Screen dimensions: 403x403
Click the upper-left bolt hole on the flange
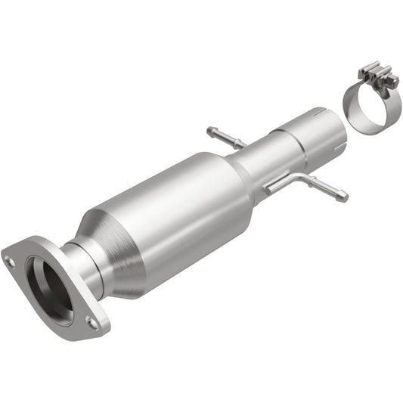[10, 262]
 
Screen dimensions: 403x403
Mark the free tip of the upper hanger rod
[209, 130]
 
